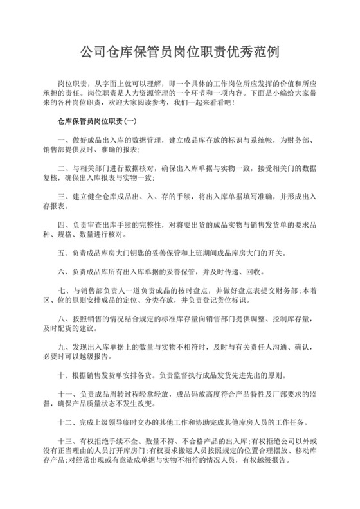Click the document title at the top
pyautogui.click(x=180, y=52)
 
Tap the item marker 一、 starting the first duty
pyautogui.click(x=62, y=140)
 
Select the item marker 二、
pyautogui.click(x=62, y=168)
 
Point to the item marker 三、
pyautogui.click(x=62, y=196)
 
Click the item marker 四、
pyautogui.click(x=62, y=225)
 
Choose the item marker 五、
pyautogui.click(x=62, y=253)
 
